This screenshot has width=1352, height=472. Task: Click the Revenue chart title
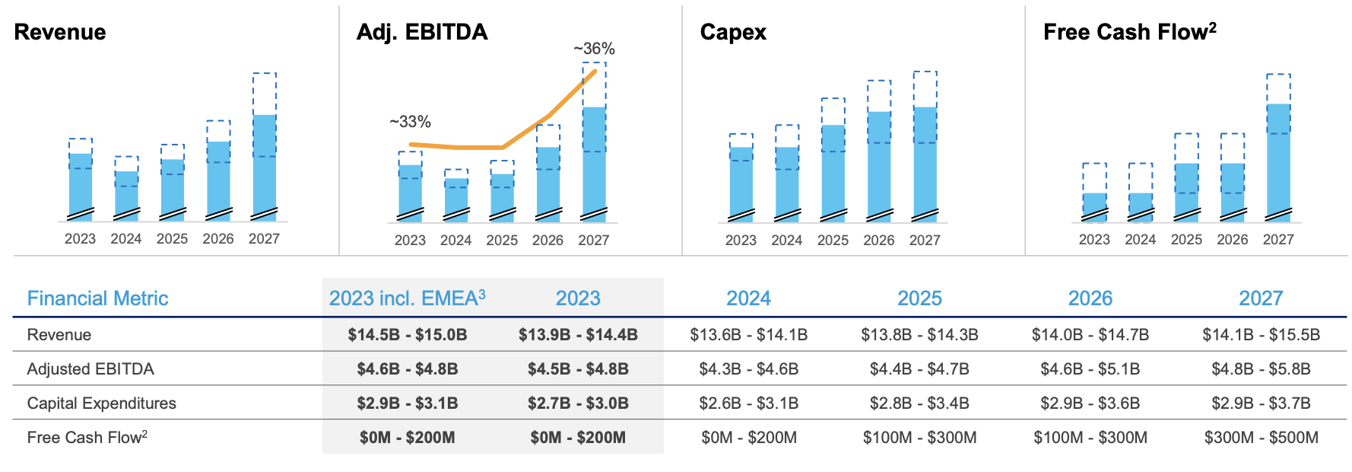60,32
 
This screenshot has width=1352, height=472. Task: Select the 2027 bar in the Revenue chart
264,164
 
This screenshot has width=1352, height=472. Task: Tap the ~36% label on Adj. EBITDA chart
594,49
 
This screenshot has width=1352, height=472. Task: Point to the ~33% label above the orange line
410,122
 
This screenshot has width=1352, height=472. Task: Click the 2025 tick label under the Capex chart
833,241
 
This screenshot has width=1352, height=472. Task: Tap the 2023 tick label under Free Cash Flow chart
1094,240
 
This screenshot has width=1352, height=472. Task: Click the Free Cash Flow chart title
1129,32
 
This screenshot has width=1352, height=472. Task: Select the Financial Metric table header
97,298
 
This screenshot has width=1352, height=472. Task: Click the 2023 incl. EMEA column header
407,298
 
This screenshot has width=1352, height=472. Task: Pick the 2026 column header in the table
1090,298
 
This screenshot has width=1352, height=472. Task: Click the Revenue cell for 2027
1261,335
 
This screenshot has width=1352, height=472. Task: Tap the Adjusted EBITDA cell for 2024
748,369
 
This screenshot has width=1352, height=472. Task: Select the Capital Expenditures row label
101,403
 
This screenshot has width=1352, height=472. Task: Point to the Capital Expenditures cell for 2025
919,403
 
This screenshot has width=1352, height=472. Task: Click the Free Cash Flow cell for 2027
1261,438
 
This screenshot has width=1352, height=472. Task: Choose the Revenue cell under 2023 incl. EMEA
407,335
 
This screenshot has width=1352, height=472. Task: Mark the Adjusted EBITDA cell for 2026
1090,369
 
